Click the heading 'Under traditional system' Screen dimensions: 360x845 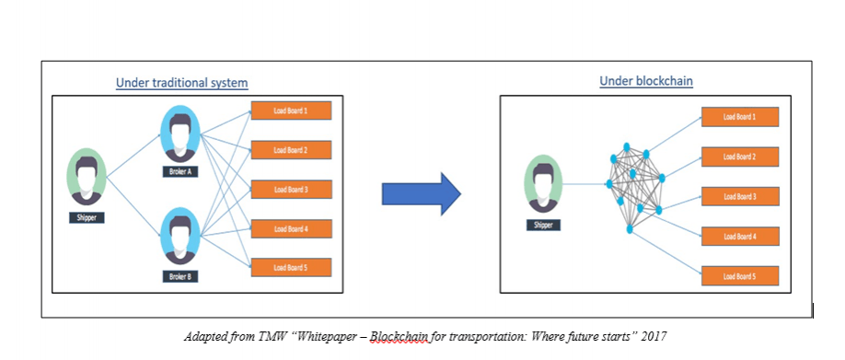pyautogui.click(x=181, y=83)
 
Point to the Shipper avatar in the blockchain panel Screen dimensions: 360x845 pyautogui.click(x=543, y=183)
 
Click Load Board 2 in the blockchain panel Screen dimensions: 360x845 pyautogui.click(x=739, y=157)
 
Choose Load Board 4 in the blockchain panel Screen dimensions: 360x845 pyautogui.click(x=739, y=236)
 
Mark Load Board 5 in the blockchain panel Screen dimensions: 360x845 pyautogui.click(x=739, y=275)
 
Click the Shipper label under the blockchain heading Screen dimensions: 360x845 pyautogui.click(x=543, y=224)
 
